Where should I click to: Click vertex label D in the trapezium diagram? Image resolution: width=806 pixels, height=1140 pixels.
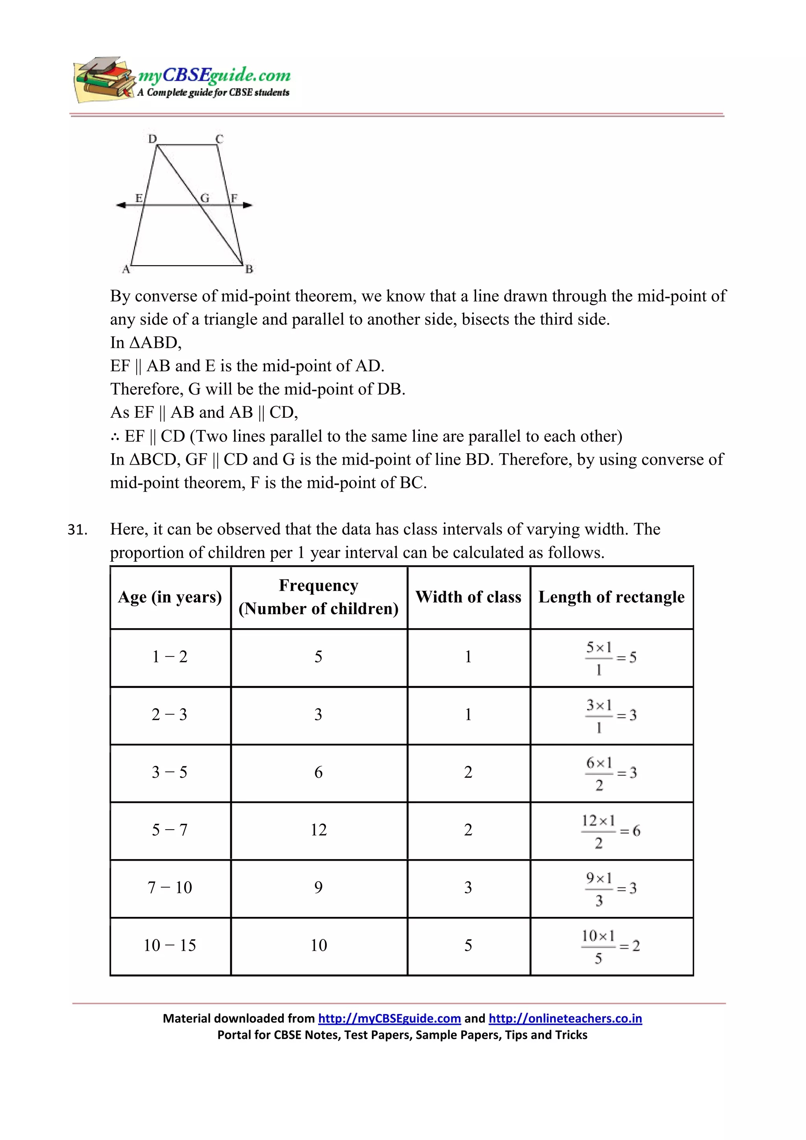(x=152, y=138)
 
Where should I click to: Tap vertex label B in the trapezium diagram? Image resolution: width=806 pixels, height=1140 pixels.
(x=249, y=269)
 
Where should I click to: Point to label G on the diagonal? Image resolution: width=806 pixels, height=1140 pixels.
(x=205, y=198)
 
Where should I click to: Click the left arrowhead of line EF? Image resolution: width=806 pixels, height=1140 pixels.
(x=120, y=205)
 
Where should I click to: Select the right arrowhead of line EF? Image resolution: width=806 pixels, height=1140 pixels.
(x=248, y=205)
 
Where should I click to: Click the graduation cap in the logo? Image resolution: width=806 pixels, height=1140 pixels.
(x=102, y=65)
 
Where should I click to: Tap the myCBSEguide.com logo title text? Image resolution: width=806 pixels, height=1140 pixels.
(x=214, y=75)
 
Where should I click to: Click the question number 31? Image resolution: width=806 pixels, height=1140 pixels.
(x=78, y=530)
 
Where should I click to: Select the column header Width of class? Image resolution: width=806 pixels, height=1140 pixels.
(x=468, y=597)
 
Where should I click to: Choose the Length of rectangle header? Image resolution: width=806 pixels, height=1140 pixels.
(x=611, y=597)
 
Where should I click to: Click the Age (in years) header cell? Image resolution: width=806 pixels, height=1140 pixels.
(x=170, y=597)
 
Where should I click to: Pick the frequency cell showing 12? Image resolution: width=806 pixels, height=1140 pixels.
(x=318, y=830)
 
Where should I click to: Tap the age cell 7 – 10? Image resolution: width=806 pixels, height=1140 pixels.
(x=170, y=887)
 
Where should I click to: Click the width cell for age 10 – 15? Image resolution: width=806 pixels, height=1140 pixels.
(x=468, y=945)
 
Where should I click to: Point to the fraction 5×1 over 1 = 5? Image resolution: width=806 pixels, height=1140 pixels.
(x=610, y=658)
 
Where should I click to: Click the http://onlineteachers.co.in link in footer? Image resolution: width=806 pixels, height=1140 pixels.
(x=565, y=1018)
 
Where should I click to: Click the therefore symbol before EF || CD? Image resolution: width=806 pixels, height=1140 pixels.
(x=115, y=437)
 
